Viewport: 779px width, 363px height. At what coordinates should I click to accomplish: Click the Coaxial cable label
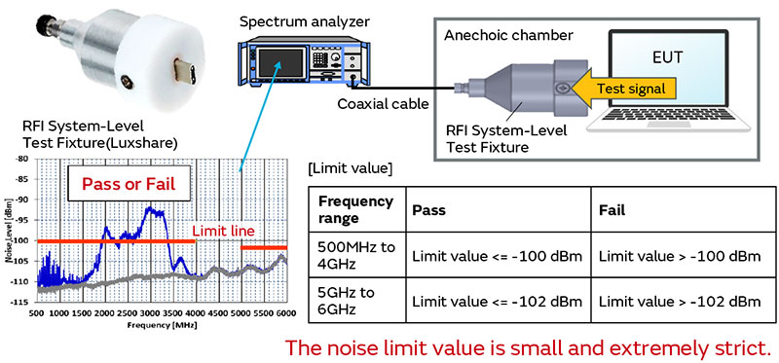(385, 102)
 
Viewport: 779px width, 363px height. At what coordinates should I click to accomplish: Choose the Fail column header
(612, 209)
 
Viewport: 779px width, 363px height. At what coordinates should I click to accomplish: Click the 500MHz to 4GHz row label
(356, 256)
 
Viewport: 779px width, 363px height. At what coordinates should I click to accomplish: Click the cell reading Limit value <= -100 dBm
(497, 256)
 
